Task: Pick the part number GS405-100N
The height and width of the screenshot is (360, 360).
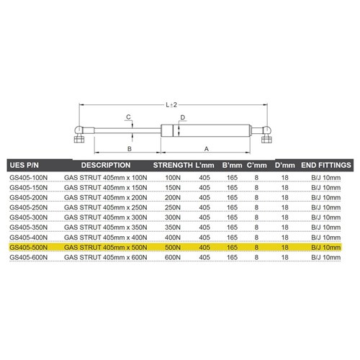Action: click(30, 176)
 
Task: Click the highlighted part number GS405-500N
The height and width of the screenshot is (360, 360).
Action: click(30, 246)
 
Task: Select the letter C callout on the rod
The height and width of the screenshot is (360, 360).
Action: click(128, 117)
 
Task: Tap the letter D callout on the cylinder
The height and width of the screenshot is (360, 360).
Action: click(183, 117)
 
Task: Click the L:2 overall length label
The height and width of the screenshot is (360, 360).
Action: click(171, 103)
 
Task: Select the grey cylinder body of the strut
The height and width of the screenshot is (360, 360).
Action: click(209, 130)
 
